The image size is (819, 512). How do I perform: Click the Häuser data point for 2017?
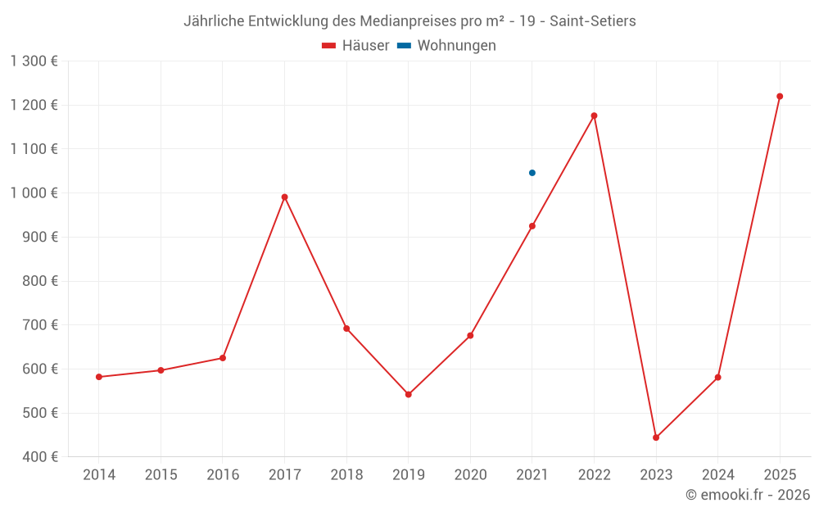click(x=284, y=197)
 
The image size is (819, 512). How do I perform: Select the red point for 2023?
click(x=656, y=437)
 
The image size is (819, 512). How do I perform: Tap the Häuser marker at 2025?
click(x=780, y=97)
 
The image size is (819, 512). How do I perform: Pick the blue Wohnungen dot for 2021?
click(x=532, y=173)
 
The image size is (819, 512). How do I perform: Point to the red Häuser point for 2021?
click(x=532, y=226)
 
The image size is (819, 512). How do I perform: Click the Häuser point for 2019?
click(x=409, y=395)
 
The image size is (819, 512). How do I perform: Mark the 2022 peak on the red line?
click(x=594, y=116)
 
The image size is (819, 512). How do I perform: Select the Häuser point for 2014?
click(x=99, y=377)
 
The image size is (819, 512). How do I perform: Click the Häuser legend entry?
click(x=355, y=46)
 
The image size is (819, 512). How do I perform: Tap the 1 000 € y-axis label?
click(x=34, y=193)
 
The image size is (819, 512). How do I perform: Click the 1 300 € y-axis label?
click(x=34, y=61)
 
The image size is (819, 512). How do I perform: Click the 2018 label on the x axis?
click(x=346, y=475)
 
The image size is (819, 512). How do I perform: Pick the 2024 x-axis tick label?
click(x=717, y=475)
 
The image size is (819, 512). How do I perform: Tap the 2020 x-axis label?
click(x=470, y=475)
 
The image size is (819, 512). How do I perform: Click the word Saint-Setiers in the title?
click(x=593, y=21)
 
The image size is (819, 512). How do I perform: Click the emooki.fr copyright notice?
click(x=748, y=495)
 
